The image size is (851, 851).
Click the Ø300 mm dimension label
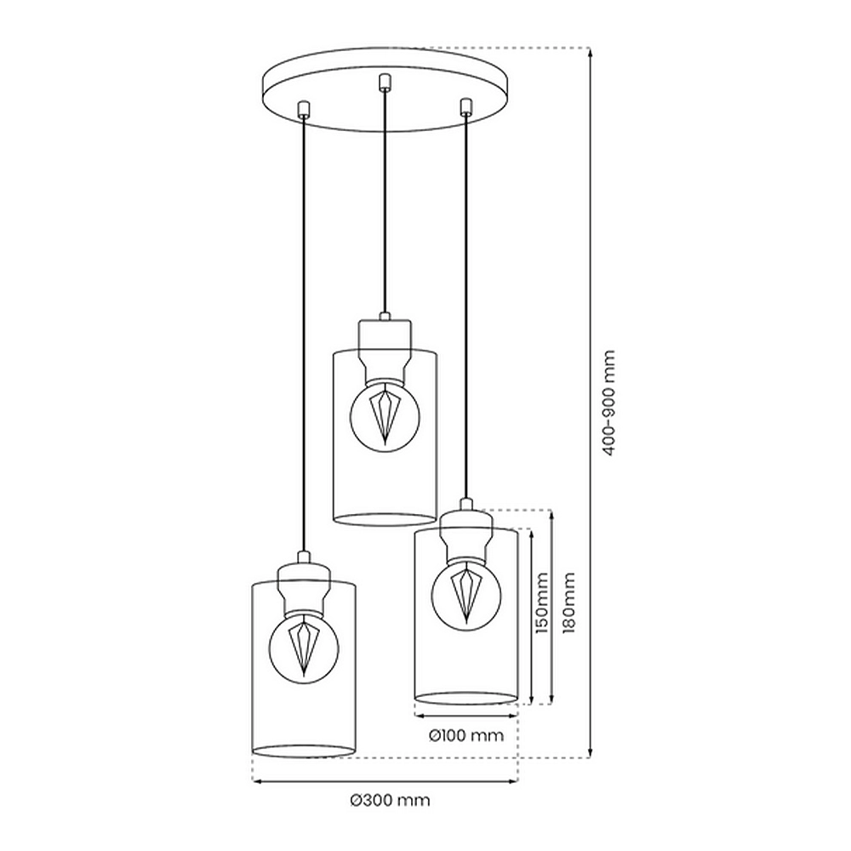coord(390,800)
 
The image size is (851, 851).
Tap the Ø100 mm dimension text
coord(465,735)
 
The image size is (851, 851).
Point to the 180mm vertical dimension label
coord(568,603)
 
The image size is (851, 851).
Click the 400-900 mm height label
coord(609,403)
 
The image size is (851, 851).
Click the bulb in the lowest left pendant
coord(304,646)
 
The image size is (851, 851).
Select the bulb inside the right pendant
coord(466,595)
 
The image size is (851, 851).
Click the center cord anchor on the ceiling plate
coord(385,82)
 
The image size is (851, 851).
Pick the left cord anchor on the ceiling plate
coord(304,109)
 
